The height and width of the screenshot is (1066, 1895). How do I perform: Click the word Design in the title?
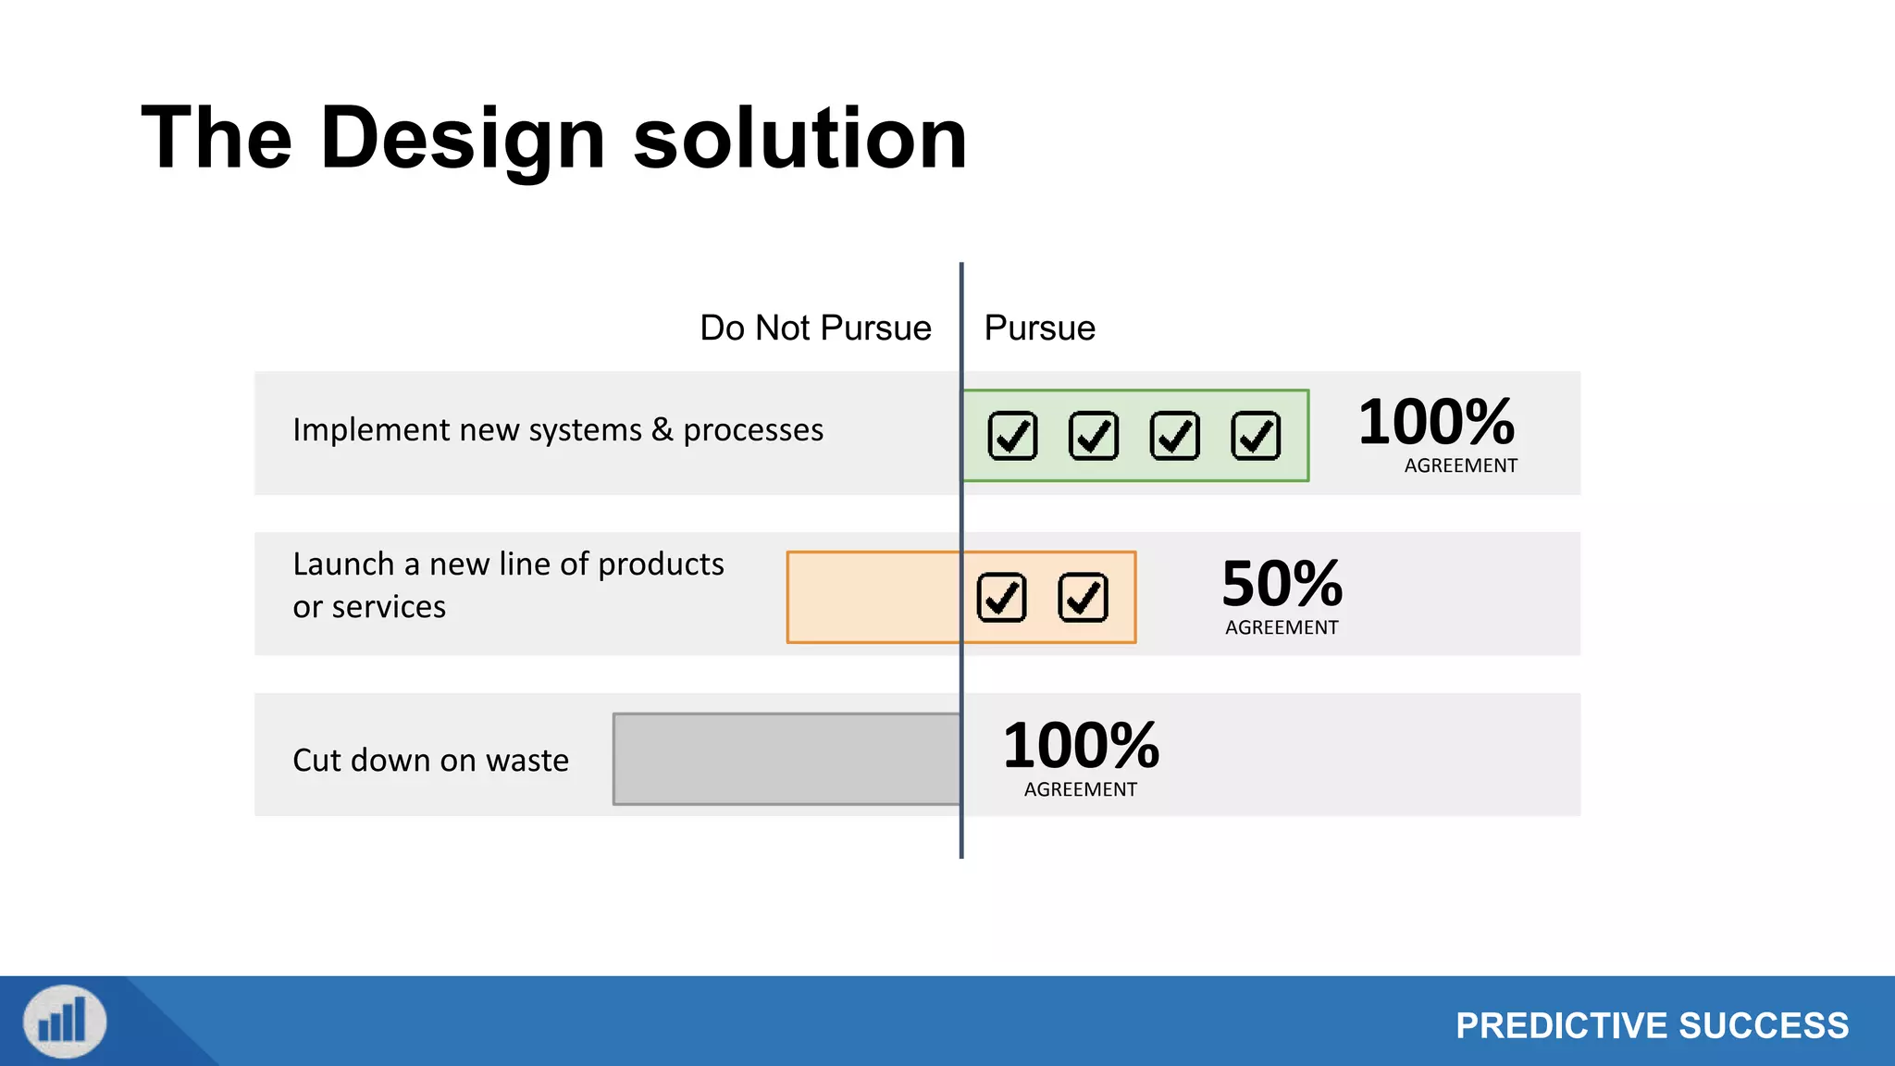point(463,139)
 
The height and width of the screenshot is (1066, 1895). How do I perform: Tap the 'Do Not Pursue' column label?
point(815,328)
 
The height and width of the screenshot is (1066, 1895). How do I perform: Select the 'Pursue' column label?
point(1039,328)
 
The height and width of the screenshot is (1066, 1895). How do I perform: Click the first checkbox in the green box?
point(1012,436)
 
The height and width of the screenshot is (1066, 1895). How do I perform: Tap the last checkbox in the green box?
point(1256,436)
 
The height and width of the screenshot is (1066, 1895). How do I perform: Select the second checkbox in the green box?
point(1094,436)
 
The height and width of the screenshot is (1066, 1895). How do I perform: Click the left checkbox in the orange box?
point(1001,598)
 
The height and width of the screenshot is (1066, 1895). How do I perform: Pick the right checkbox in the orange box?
point(1083,598)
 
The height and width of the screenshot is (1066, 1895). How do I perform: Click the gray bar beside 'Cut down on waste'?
point(786,759)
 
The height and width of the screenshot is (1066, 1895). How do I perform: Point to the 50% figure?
point(1282,584)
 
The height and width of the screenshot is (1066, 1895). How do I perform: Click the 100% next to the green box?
point(1436,423)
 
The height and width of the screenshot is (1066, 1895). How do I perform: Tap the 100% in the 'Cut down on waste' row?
point(1081,746)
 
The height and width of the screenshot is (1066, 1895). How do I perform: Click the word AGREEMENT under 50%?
point(1282,627)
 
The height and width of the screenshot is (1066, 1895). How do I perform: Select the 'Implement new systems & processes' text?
point(557,430)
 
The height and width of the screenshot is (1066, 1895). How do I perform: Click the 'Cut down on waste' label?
point(430,761)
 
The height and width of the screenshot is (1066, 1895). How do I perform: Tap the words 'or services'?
point(369,607)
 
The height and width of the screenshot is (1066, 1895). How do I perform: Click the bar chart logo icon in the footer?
point(65,1022)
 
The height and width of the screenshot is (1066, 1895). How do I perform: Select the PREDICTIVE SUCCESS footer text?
point(1652,1026)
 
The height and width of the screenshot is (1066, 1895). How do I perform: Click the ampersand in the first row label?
point(662,429)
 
